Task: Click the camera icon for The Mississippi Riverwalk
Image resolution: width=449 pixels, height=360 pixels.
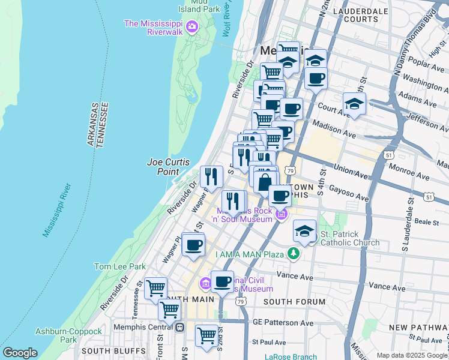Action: pyautogui.click(x=192, y=26)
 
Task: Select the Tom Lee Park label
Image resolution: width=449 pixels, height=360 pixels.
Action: pyautogui.click(x=120, y=266)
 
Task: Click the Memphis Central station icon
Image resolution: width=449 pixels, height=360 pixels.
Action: pyautogui.click(x=180, y=327)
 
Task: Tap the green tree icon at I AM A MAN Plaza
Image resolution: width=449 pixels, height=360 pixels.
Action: pyautogui.click(x=293, y=254)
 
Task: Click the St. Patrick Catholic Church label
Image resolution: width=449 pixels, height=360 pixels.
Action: pyautogui.click(x=349, y=238)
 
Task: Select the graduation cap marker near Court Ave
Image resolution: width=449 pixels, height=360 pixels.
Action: pyautogui.click(x=354, y=103)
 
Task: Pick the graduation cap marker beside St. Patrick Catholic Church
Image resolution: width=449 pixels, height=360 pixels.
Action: pyautogui.click(x=305, y=231)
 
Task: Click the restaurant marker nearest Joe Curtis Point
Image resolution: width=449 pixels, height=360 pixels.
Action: pyautogui.click(x=211, y=176)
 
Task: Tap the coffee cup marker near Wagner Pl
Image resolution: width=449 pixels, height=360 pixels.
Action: pyautogui.click(x=193, y=245)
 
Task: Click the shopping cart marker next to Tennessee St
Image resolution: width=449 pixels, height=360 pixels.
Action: pyautogui.click(x=156, y=288)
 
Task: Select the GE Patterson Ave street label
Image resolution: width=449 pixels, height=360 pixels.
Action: pyautogui.click(x=283, y=323)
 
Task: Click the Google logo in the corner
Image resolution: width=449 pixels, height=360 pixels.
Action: pyautogui.click(x=20, y=353)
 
